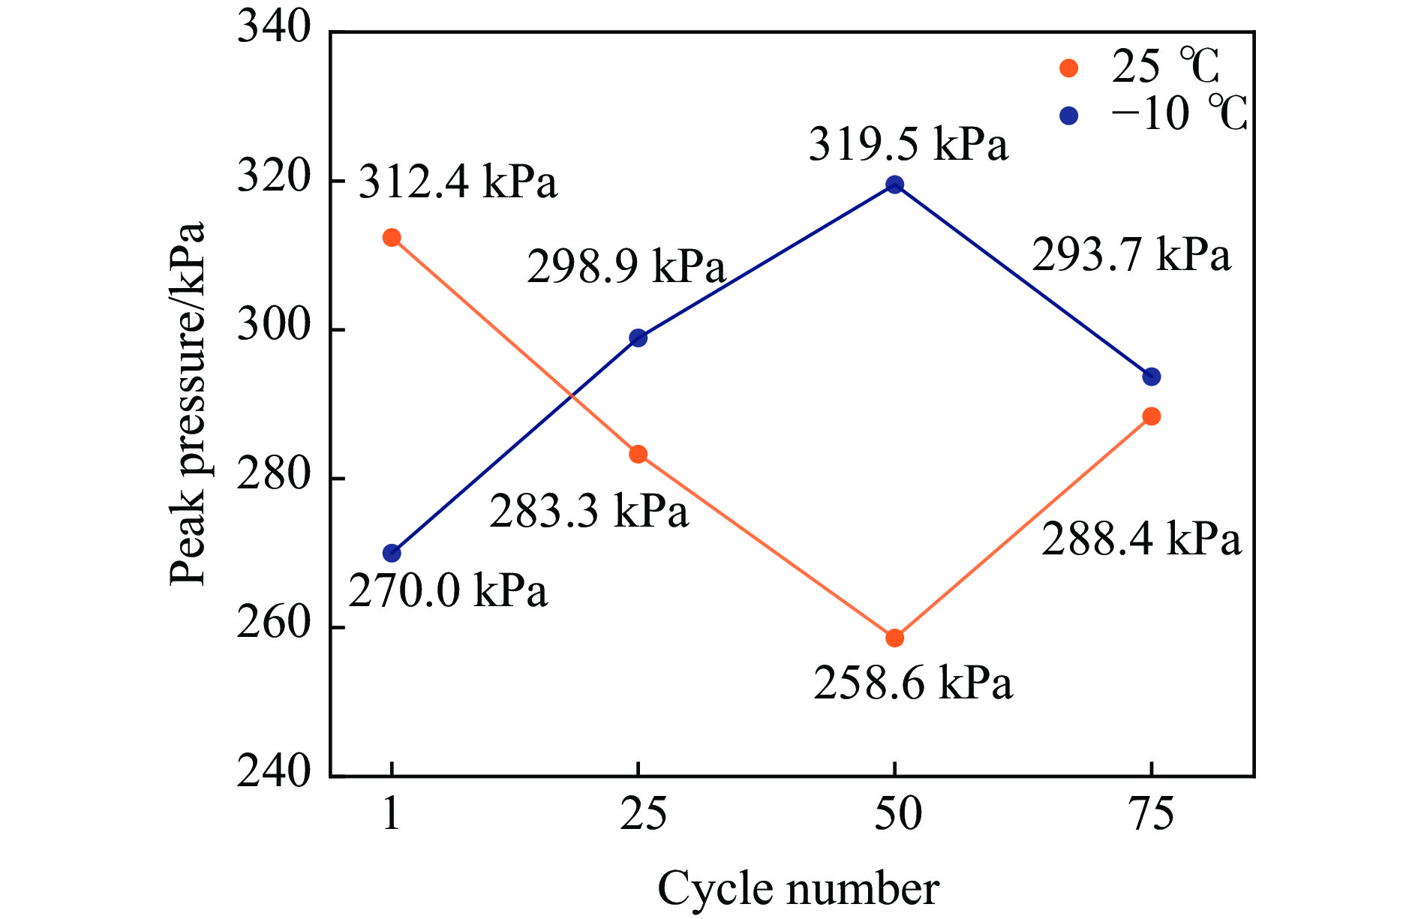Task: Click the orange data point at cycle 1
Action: (392, 238)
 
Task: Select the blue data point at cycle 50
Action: (894, 185)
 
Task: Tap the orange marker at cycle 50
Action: (894, 638)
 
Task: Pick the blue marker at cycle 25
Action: (638, 338)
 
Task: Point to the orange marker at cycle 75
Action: (1151, 416)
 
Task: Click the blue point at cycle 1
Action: (392, 554)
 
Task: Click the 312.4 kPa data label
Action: (458, 182)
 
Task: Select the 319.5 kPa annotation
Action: (908, 145)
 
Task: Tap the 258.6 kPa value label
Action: (913, 683)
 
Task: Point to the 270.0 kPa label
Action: (448, 591)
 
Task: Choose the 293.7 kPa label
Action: (1131, 255)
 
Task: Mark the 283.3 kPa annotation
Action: (589, 512)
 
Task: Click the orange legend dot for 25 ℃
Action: (1068, 68)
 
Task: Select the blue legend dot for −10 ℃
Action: (1068, 116)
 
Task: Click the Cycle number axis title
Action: (798, 889)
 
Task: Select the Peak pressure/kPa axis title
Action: (187, 403)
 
